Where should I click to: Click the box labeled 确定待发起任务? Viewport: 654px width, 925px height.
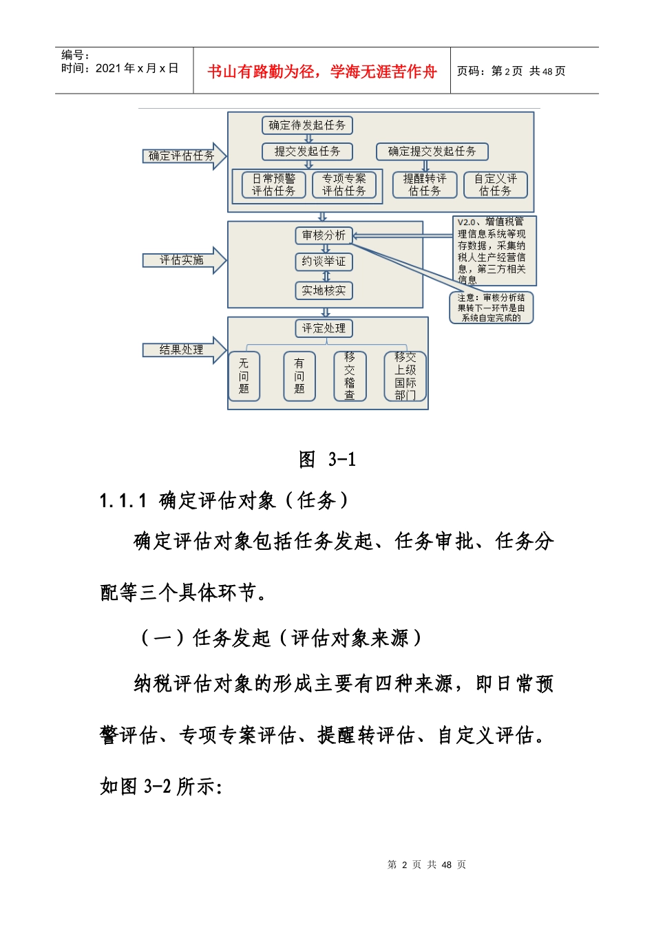coord(307,125)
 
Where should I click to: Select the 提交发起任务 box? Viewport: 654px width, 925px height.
coord(307,151)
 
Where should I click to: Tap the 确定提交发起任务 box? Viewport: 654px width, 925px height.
coord(432,151)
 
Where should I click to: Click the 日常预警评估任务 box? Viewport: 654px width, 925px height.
coord(273,184)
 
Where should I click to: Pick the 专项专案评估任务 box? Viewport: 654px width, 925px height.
coord(344,184)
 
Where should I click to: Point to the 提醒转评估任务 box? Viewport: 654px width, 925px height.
coord(425,184)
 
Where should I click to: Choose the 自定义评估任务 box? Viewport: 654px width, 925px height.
coord(495,184)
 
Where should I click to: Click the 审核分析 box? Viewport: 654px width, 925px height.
coord(324,235)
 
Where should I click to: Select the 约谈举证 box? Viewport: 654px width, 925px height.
coord(324,262)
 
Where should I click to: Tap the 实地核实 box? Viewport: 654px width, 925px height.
coord(324,290)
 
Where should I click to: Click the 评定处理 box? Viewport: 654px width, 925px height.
coord(324,328)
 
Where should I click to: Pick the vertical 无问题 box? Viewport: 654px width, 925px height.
coord(244,376)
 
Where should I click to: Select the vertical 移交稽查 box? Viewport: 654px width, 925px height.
coord(350,376)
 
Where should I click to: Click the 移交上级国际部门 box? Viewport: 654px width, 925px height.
coord(405,376)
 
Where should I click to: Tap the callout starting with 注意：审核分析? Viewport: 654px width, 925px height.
coord(491,308)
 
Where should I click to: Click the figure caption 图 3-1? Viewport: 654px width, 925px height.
coord(327,459)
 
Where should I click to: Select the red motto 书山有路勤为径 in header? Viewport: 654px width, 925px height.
coord(321,72)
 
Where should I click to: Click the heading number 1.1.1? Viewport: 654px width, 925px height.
coord(123,500)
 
